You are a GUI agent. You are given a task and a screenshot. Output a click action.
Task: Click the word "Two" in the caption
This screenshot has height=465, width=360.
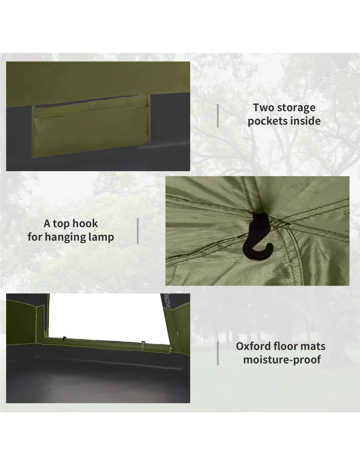pyautogui.click(x=263, y=108)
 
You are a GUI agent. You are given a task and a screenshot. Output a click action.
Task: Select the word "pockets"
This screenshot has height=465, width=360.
pyautogui.click(x=267, y=121)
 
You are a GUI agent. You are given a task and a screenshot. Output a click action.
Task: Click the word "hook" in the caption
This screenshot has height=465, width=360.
pyautogui.click(x=85, y=223)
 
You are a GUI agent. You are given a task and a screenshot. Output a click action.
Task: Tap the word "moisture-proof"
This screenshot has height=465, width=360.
pyautogui.click(x=282, y=359)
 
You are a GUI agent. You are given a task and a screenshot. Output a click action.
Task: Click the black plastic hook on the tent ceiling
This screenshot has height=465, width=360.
pyautogui.click(x=258, y=236)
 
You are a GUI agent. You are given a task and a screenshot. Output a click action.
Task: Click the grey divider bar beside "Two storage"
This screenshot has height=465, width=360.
pyautogui.click(x=218, y=116)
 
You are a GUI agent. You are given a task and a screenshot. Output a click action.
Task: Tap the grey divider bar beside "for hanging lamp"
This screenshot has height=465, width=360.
pyautogui.click(x=138, y=231)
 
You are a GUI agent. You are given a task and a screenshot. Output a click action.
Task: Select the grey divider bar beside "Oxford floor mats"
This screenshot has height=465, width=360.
pyautogui.click(x=218, y=353)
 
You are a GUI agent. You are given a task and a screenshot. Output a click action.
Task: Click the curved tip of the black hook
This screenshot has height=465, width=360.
pyautogui.click(x=271, y=246)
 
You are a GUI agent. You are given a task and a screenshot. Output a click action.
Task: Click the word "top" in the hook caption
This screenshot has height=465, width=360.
pyautogui.click(x=62, y=224)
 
